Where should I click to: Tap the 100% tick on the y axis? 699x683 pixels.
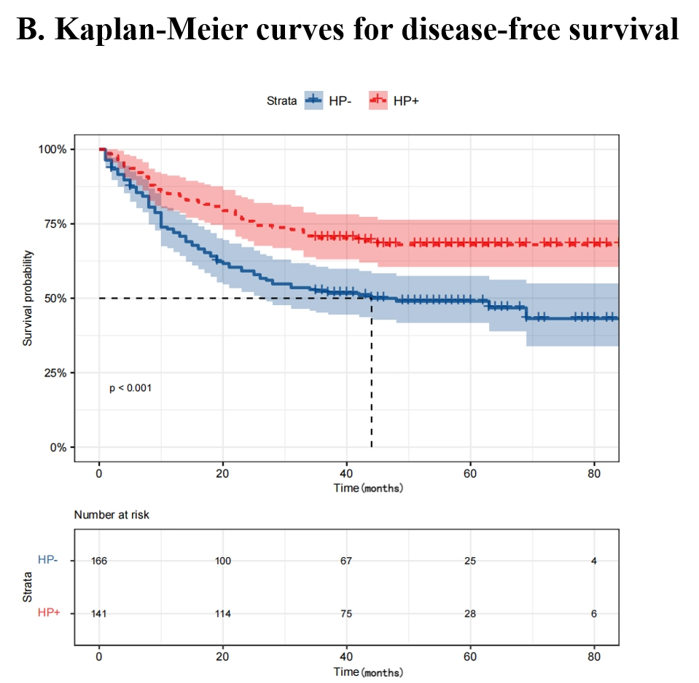coord(52,149)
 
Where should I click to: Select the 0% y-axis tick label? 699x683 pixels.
coord(58,447)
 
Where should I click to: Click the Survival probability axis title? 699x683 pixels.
coord(28,298)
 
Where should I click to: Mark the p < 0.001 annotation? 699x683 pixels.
coord(130,388)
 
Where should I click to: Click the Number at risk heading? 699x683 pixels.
coord(112,515)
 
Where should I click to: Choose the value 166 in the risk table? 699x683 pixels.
coord(99,561)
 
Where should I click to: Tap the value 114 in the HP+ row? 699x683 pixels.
coord(222,614)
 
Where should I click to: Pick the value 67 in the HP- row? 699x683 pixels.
coord(346,561)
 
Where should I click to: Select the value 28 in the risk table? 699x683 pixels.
coord(470,614)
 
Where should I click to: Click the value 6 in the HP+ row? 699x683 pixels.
coord(594,614)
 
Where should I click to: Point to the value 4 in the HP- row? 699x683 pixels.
coord(594,561)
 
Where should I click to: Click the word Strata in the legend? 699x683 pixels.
coord(281,100)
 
